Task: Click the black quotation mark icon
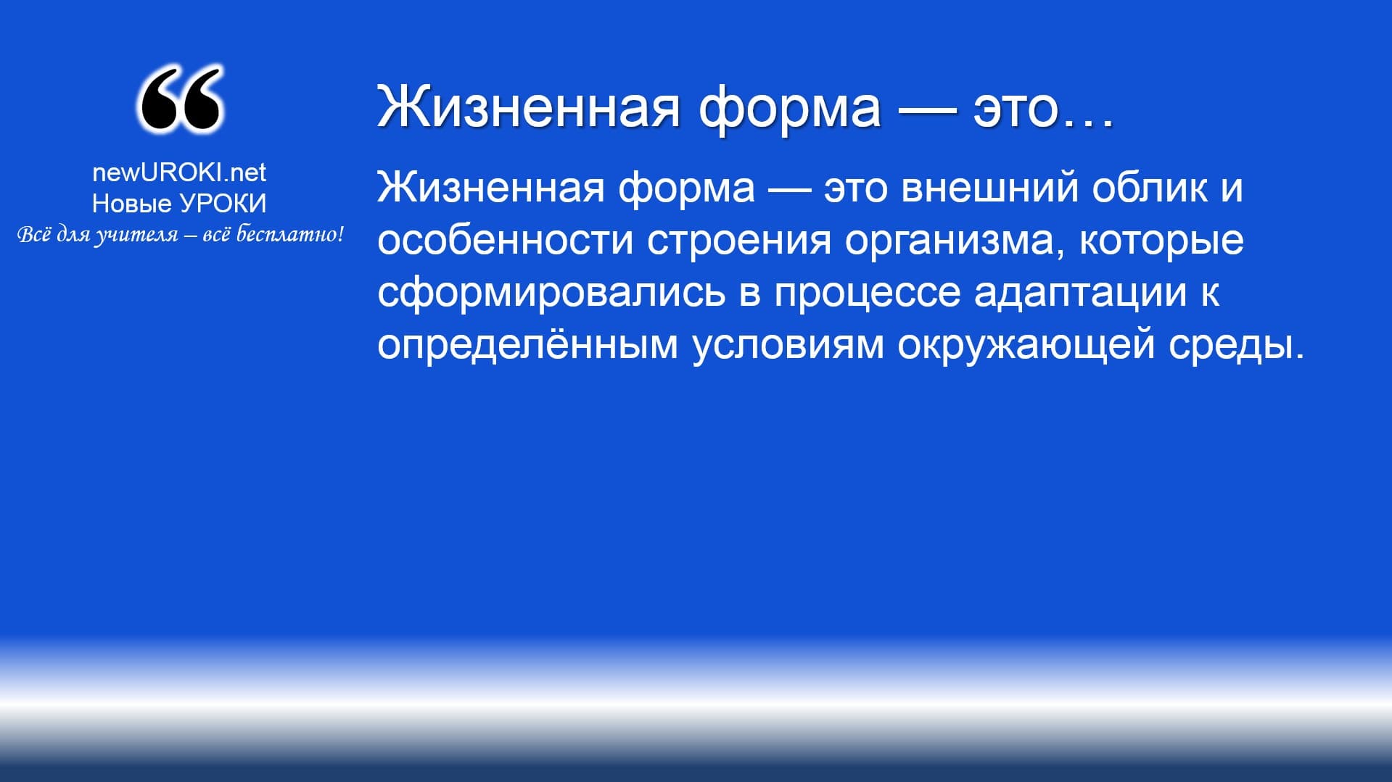click(x=180, y=99)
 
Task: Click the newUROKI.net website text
click(x=179, y=172)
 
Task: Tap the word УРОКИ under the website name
click(x=223, y=204)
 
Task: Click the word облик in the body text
click(x=1150, y=187)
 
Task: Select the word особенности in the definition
click(x=506, y=239)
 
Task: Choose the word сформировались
click(x=551, y=292)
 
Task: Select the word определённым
click(x=528, y=345)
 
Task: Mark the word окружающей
click(x=1026, y=345)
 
